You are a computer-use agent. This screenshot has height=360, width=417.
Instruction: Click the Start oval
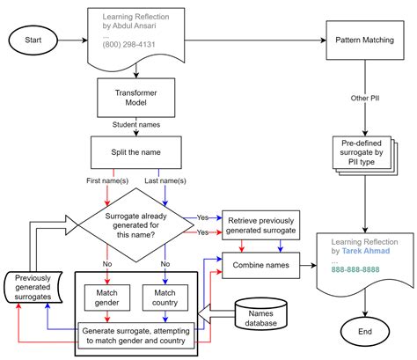point(33,40)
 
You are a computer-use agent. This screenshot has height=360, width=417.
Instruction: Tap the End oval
point(365,332)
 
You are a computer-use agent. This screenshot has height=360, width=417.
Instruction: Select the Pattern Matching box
point(365,40)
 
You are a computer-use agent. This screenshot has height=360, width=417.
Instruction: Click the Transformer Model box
point(136,98)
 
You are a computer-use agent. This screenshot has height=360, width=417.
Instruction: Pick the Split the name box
point(136,152)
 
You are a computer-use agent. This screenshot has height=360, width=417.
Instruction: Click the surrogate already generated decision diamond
point(136,225)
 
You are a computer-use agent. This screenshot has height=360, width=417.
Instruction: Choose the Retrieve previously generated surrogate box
point(260,225)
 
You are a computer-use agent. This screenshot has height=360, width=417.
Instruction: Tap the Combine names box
point(260,265)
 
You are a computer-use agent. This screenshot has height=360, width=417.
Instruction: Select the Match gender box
point(107,298)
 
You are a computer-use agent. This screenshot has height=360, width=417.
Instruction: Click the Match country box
point(165,298)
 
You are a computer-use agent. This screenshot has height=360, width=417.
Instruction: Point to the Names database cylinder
point(260,314)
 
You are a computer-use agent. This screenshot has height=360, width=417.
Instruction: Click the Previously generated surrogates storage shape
point(33,287)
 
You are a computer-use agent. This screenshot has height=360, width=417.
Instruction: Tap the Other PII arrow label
point(365,99)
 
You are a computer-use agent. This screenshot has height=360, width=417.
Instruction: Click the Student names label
point(136,125)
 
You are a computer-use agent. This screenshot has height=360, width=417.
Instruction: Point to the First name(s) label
point(107,180)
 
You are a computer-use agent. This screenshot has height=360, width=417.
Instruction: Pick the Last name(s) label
point(165,180)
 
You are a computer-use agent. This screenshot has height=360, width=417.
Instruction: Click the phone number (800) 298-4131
point(128,45)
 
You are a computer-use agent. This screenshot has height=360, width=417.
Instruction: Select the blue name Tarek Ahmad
point(366,251)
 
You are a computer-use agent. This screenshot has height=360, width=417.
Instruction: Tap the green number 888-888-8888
point(355,269)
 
